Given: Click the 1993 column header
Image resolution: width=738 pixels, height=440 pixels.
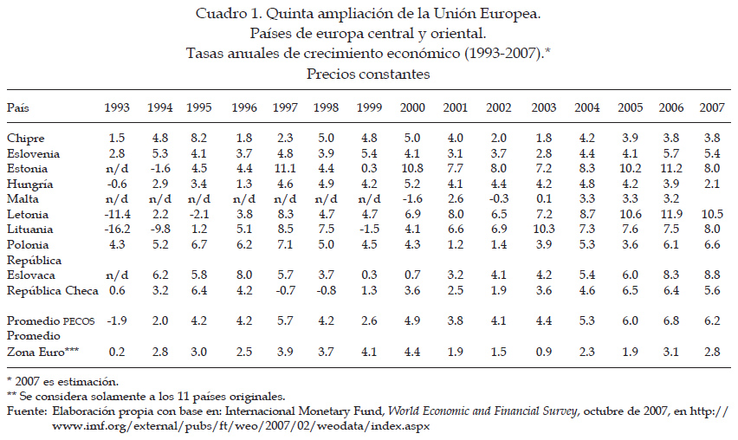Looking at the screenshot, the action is click(x=117, y=107).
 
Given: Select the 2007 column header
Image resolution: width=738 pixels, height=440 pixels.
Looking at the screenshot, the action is click(x=712, y=107).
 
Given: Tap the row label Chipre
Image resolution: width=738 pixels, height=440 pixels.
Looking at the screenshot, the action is click(x=26, y=139).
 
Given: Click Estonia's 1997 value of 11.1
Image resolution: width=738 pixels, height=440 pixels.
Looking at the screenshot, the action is click(x=285, y=169).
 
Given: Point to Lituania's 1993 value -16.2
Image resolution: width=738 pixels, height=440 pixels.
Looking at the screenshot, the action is click(x=117, y=230).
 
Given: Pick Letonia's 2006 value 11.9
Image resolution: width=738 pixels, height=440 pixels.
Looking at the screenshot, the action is click(x=671, y=214).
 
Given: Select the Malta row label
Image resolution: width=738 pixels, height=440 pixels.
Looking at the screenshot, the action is click(x=23, y=198).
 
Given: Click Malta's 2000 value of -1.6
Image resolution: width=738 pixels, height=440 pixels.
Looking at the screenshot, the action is click(x=412, y=198).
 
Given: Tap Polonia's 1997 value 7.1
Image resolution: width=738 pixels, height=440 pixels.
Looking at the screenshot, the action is click(x=285, y=245).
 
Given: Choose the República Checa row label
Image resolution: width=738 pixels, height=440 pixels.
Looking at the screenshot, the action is click(x=53, y=290).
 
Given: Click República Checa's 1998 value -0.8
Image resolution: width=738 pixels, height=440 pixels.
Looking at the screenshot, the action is click(x=326, y=290).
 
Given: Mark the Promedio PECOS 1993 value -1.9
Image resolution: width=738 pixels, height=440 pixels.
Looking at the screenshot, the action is click(x=117, y=321).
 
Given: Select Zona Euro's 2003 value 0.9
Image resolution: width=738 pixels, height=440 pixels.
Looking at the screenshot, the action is click(x=544, y=352).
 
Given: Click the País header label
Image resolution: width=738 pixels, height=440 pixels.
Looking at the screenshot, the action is click(x=18, y=107).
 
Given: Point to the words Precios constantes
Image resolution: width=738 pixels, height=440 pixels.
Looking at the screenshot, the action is click(x=368, y=74).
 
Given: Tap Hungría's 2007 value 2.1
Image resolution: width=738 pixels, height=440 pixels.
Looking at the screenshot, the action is click(x=712, y=184).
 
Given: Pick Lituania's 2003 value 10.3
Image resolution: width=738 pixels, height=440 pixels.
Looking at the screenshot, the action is click(x=544, y=230).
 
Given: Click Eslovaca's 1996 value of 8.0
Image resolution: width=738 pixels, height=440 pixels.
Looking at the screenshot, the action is click(x=244, y=275).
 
